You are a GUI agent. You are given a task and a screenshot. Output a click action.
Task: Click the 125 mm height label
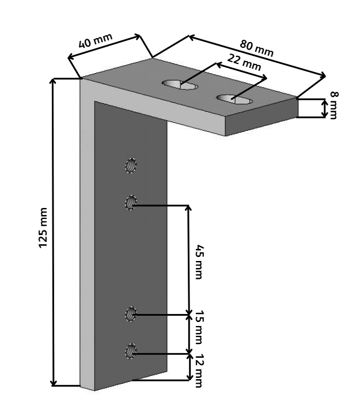point(44,232)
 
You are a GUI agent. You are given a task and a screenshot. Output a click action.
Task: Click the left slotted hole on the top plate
point(180,85)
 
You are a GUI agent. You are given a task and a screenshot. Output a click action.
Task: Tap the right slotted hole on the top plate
point(235,100)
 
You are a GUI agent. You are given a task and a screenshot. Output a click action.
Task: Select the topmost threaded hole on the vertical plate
point(131,166)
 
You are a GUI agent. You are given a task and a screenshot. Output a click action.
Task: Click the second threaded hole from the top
point(130,203)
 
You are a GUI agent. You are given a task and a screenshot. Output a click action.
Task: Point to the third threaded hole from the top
point(130,314)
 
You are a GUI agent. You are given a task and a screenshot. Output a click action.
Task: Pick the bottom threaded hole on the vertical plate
point(130,351)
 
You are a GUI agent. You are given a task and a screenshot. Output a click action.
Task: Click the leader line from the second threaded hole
point(161,205)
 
